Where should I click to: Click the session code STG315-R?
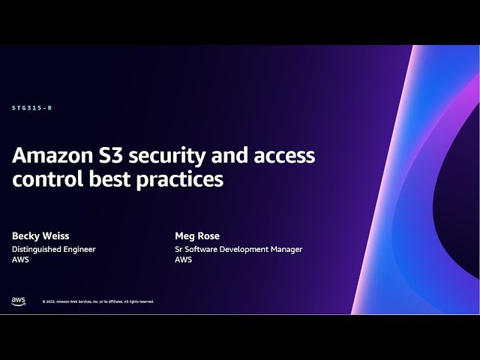[x=31, y=108]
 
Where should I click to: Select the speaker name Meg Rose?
[x=196, y=235]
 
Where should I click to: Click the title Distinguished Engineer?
[x=53, y=249]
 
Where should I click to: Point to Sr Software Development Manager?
[x=238, y=249]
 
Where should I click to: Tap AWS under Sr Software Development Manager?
[x=183, y=259]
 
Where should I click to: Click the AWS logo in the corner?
[x=18, y=301]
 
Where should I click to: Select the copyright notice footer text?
[x=98, y=301]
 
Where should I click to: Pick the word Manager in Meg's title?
[x=286, y=249]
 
